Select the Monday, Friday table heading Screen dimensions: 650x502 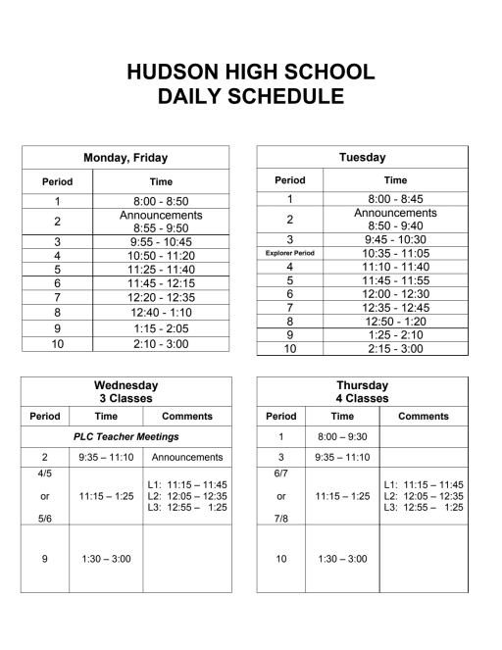[x=125, y=157]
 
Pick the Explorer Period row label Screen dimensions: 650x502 [x=289, y=252]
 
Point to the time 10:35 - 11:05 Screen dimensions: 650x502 [x=395, y=252]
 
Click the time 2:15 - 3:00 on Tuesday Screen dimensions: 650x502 [x=395, y=348]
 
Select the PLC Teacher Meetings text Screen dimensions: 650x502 [x=125, y=436]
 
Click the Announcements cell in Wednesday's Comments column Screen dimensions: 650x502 [x=185, y=457]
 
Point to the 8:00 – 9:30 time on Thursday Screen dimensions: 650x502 [x=342, y=436]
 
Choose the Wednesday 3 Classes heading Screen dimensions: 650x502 [x=125, y=392]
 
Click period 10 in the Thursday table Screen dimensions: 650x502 [x=280, y=559]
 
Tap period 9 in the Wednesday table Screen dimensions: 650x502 [x=45, y=559]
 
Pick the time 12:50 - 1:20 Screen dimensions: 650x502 [x=395, y=321]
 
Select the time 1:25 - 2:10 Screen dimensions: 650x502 [x=395, y=334]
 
